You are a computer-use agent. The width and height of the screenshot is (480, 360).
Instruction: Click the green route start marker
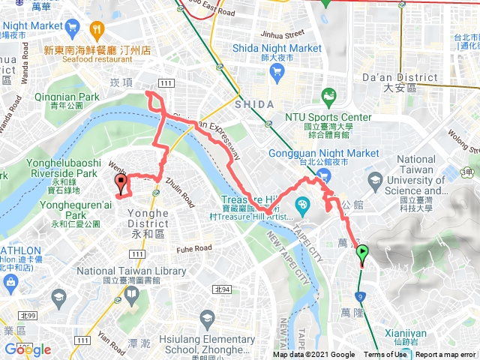coord(362,253)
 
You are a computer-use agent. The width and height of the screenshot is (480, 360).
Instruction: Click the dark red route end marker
coord(121,183)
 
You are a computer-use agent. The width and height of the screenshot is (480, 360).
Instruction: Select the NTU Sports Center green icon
coord(328,97)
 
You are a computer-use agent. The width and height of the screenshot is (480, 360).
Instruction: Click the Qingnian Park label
coord(67,97)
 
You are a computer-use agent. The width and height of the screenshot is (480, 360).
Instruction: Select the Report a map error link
coord(446,355)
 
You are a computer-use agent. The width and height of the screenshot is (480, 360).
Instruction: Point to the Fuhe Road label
coord(195,249)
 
